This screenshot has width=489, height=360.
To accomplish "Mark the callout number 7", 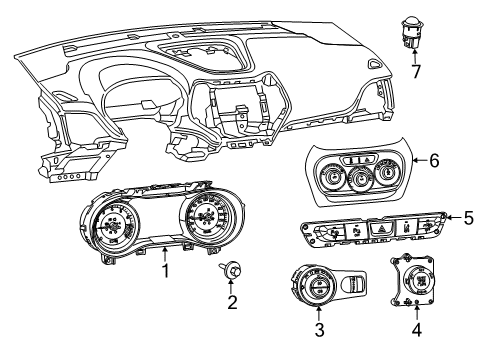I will [416, 71].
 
